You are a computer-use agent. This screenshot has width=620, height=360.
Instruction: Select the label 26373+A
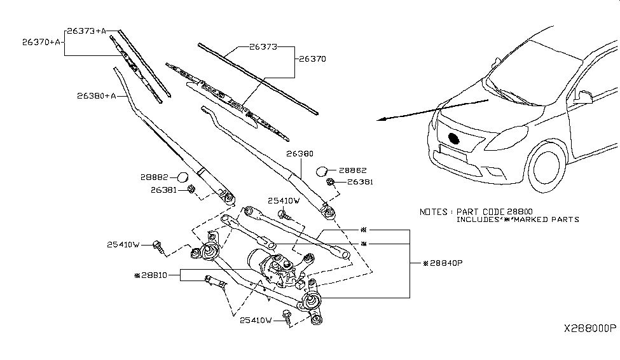[x=86, y=31]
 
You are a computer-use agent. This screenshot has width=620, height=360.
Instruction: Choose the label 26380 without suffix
[x=300, y=153]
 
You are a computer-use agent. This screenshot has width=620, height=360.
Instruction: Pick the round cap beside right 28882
[x=322, y=170]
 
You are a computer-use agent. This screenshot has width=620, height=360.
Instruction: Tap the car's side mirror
[x=583, y=97]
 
